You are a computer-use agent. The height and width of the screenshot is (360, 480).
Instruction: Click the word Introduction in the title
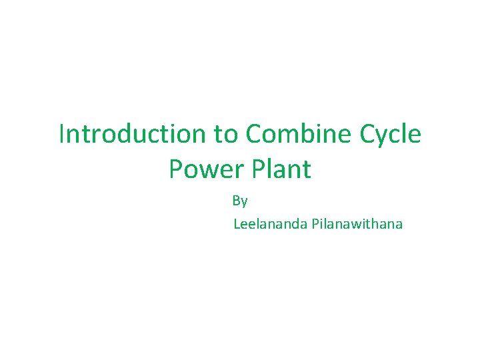pos(133,134)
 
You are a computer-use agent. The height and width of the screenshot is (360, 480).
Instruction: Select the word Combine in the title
pos(294,134)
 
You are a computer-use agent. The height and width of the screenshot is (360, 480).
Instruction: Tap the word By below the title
pos(240,201)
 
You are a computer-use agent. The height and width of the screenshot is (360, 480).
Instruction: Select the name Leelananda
pos(269,224)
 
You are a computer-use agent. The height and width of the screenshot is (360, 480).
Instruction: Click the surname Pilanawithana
pos(356,224)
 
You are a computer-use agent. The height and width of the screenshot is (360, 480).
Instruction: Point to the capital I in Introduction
pos(62,134)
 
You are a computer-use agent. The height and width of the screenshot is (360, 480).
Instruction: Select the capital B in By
pos(237,200)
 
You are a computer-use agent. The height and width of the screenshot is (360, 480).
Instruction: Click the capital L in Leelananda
pos(236,224)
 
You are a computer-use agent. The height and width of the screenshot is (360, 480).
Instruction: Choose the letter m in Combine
pos(288,135)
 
